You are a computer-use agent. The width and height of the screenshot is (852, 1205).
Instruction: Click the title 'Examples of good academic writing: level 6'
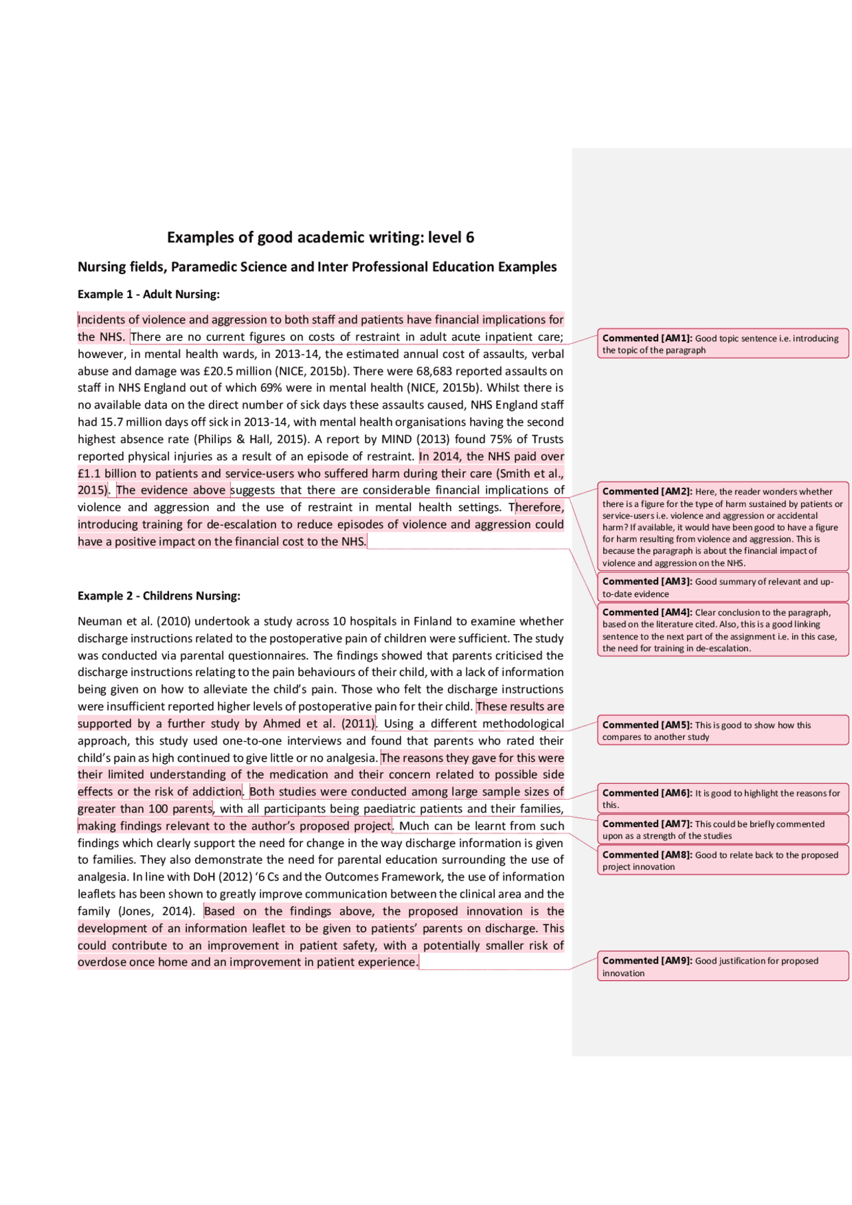click(x=320, y=238)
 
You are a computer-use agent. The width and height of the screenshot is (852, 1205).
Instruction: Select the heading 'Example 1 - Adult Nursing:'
click(x=148, y=294)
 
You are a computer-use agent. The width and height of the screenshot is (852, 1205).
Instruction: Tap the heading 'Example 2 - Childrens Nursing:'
click(x=158, y=596)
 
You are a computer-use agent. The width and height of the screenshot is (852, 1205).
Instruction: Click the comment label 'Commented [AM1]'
click(x=647, y=338)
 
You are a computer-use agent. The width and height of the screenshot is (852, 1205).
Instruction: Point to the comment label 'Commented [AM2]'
click(x=647, y=492)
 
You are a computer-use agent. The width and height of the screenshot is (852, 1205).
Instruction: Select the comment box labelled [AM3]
click(x=723, y=587)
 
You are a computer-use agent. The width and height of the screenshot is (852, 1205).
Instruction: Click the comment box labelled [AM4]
click(x=723, y=629)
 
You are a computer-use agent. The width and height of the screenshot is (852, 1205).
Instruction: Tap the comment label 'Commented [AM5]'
click(x=647, y=725)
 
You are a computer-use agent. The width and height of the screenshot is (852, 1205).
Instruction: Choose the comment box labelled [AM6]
click(x=723, y=798)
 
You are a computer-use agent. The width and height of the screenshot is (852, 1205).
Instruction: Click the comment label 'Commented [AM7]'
click(x=647, y=824)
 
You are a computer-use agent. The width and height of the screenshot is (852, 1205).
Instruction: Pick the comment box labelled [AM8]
click(x=723, y=860)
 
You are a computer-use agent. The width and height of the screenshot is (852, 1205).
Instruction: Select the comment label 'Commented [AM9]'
click(x=647, y=961)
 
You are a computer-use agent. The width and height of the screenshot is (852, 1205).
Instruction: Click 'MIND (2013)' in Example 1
click(x=412, y=439)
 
